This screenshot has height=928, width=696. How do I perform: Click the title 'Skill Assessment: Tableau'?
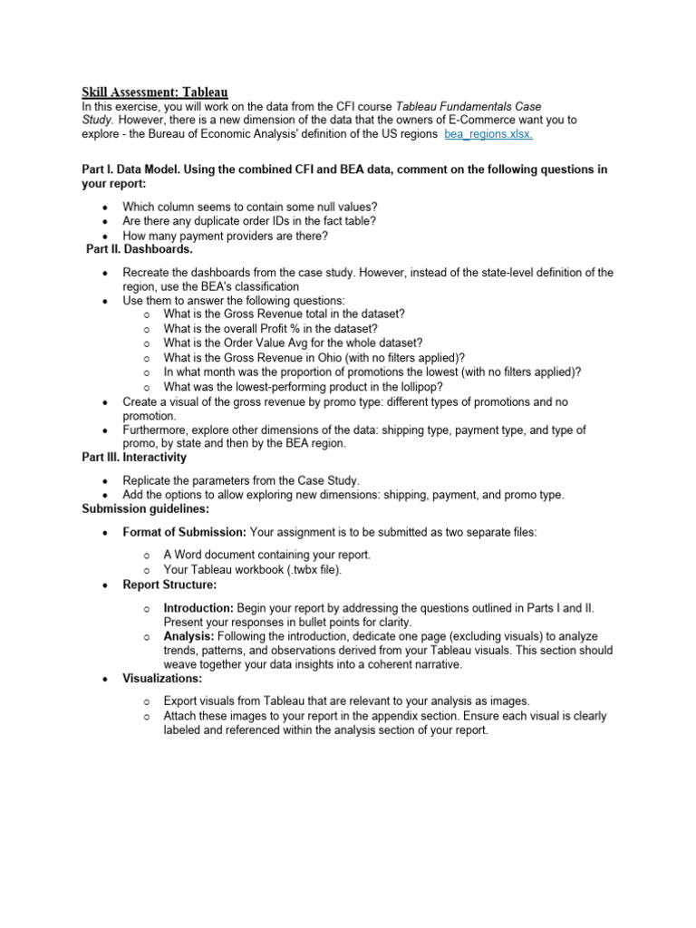pyautogui.click(x=155, y=92)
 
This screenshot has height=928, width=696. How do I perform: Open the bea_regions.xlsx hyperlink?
pyautogui.click(x=488, y=134)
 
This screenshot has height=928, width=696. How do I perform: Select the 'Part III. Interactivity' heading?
pyautogui.click(x=135, y=458)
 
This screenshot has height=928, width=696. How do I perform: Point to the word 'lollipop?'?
pyautogui.click(x=416, y=387)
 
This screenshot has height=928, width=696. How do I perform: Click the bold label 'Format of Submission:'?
pyautogui.click(x=184, y=532)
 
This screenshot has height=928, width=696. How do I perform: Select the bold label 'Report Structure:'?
pyautogui.click(x=169, y=585)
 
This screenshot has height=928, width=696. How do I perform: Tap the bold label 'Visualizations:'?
pyautogui.click(x=162, y=678)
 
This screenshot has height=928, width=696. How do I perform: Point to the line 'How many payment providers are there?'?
pyautogui.click(x=225, y=236)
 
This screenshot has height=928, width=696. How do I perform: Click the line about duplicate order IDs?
pyautogui.click(x=249, y=221)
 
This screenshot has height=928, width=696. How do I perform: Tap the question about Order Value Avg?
pyautogui.click(x=293, y=343)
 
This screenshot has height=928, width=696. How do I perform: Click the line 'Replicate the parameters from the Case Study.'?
pyautogui.click(x=241, y=479)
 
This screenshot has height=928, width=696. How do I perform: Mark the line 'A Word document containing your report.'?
pyautogui.click(x=266, y=555)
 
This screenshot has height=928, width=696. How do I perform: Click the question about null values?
pyautogui.click(x=250, y=207)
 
